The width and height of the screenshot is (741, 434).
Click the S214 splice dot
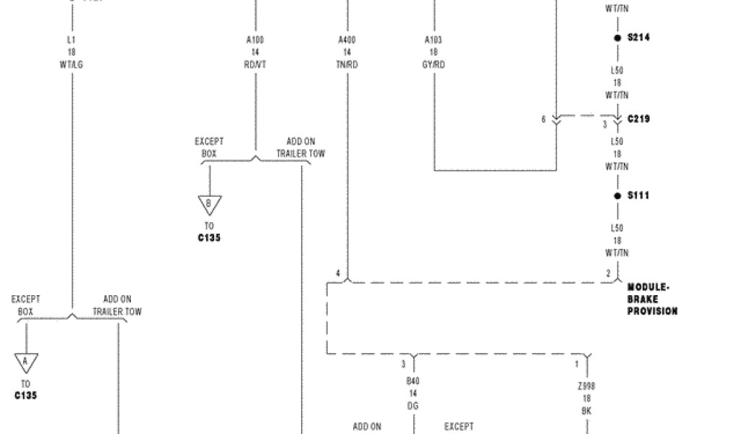coord(617,38)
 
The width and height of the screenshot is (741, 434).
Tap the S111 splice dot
coord(617,195)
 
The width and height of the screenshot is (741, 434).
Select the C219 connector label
coord(638,119)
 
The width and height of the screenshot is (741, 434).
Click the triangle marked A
coord(25,361)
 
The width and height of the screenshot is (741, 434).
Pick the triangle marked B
coord(209,204)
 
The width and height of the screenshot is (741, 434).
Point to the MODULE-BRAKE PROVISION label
coord(652,299)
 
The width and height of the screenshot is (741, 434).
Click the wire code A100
coord(255,39)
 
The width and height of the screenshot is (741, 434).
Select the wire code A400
coord(347,39)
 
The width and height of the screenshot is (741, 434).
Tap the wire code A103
coord(434,39)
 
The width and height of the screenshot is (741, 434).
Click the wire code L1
coord(72,39)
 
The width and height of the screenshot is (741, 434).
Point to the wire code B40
coord(412,380)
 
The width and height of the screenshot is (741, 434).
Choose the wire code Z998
coord(586,386)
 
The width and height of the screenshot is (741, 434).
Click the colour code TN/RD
coord(347,65)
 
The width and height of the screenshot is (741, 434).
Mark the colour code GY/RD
coord(434,65)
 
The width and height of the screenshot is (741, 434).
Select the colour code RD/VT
coord(255,65)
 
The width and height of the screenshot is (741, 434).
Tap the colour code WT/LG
coord(72,65)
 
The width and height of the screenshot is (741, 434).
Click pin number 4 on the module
coord(337,273)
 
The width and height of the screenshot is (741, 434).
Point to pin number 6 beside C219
coord(543,119)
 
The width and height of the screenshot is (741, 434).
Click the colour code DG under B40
coord(412,407)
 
